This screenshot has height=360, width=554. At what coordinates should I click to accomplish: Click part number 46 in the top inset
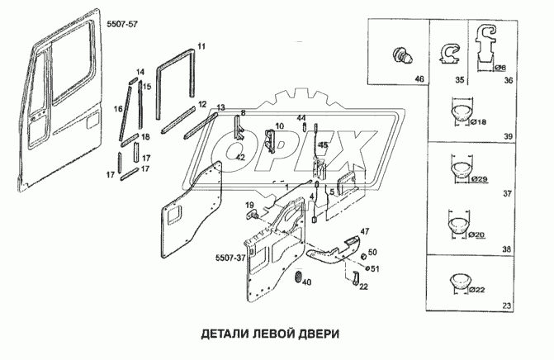(419, 79)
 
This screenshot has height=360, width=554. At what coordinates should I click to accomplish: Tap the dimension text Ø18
(477, 121)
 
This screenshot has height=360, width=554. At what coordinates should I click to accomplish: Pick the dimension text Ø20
(477, 234)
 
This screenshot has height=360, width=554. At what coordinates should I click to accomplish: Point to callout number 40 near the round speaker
(305, 283)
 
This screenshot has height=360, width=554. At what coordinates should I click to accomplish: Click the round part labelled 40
(298, 276)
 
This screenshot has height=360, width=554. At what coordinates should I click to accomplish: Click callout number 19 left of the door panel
(249, 204)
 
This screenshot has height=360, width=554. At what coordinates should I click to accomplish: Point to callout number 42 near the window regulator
(240, 157)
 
